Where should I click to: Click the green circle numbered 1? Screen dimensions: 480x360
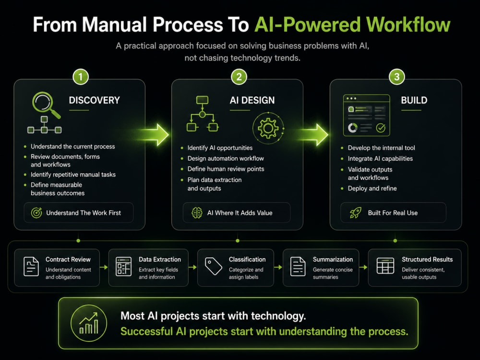coord(81,76)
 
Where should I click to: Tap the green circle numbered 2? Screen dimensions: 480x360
coord(239,76)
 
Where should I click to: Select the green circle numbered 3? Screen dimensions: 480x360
coord(397,76)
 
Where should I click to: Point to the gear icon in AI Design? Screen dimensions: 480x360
coord(268,128)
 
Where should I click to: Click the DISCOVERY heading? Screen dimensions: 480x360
coord(94,100)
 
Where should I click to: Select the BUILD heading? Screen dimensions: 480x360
coord(414,100)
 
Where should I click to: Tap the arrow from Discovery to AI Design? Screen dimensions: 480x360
coord(153,135)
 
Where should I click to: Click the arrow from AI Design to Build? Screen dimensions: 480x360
coord(312,135)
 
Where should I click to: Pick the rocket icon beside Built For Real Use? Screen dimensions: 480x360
coord(355,213)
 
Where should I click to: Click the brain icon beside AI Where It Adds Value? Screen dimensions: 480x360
coord(197,213)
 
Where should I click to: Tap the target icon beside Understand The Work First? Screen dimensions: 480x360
coord(36,213)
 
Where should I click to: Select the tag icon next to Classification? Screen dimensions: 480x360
coord(214,266)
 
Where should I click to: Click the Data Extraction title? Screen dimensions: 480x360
coord(160,259)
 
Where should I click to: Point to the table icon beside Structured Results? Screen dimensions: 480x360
coord(385,266)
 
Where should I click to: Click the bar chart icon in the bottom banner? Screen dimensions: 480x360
coord(89,323)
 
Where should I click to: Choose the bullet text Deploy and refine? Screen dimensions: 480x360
coord(372,188)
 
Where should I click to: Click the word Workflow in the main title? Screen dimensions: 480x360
coord(408,24)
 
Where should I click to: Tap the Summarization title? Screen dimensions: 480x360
coord(333,259)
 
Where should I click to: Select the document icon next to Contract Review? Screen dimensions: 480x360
coord(31,266)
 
